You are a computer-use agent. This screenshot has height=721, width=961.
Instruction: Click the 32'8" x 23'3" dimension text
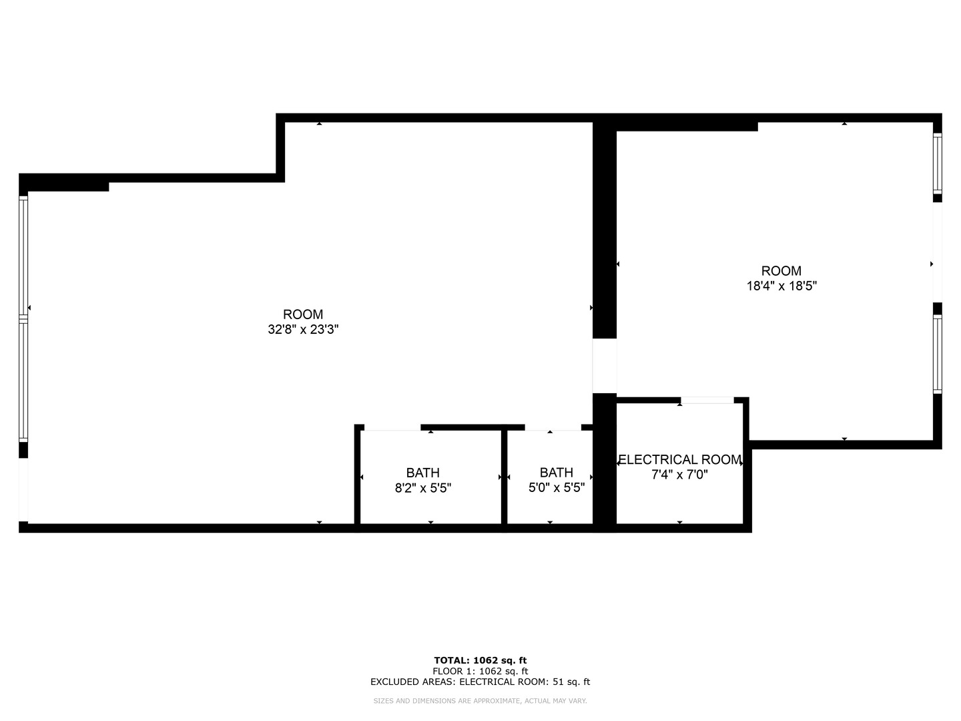[x=303, y=329]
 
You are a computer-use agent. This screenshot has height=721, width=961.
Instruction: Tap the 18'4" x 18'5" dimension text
[x=781, y=286]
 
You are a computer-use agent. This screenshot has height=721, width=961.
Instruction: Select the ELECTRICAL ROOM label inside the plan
[x=679, y=459]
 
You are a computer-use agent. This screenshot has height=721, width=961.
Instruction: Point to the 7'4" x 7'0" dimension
[x=679, y=475]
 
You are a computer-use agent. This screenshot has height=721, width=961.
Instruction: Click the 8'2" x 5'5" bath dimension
[x=423, y=488]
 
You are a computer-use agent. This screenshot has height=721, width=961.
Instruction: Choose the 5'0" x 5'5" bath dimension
[x=557, y=488]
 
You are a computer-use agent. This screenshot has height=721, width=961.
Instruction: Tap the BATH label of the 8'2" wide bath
[x=423, y=473]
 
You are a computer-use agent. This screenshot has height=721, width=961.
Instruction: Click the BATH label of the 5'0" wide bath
[x=557, y=473]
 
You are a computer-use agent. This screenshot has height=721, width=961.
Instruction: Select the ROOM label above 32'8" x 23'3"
[x=303, y=314]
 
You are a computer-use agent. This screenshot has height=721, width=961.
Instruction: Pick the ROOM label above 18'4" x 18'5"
[x=781, y=270]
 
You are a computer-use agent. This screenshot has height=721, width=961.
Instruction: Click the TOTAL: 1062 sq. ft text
[x=480, y=660]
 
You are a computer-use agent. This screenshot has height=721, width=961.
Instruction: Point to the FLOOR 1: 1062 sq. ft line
[x=480, y=671]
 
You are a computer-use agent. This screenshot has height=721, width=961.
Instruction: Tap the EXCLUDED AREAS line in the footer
[x=480, y=682]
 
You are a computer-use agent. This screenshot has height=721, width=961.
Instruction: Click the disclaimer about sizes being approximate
[x=480, y=701]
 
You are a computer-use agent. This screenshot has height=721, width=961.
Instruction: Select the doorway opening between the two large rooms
[x=605, y=366]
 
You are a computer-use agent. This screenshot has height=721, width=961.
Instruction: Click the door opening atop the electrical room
[x=707, y=401]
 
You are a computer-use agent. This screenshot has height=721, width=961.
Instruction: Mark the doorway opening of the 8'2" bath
[x=392, y=427]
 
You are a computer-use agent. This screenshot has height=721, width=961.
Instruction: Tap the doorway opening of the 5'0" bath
[x=553, y=427]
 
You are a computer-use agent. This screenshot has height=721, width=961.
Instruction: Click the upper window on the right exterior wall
[x=937, y=164]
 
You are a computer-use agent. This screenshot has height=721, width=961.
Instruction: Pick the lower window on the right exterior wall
[x=937, y=353]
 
